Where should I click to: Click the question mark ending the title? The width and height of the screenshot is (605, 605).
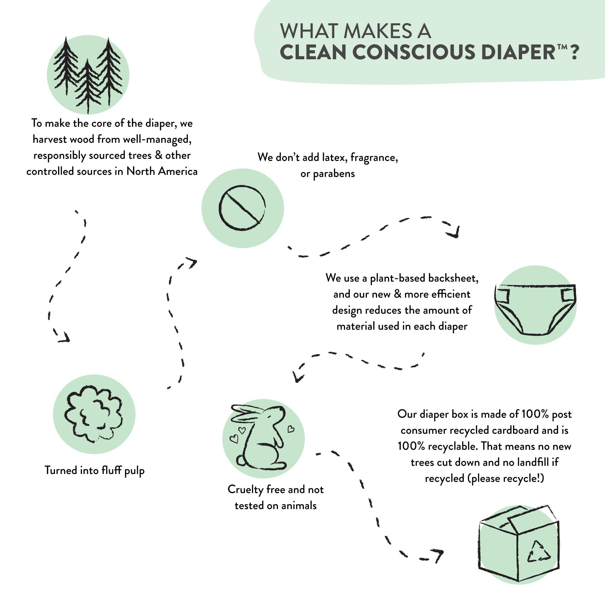click(x=574, y=52)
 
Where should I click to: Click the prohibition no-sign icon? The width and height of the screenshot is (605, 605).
click(x=242, y=208)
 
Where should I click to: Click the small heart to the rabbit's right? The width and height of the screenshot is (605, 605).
click(x=291, y=429)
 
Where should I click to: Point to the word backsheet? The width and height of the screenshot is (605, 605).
click(x=453, y=278)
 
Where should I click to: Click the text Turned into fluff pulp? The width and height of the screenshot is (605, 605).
click(x=94, y=471)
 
